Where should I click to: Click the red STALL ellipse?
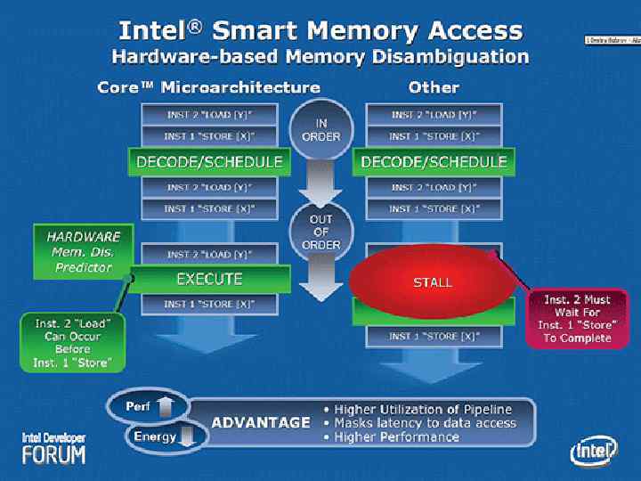[x=432, y=281]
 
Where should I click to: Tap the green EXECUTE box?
[x=209, y=279]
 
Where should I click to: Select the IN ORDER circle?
[x=321, y=130]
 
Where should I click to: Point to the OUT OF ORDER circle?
[x=321, y=232]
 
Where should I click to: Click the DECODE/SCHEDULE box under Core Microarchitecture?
[x=209, y=161]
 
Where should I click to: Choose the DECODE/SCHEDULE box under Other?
[x=434, y=161]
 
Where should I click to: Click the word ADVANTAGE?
[x=261, y=422]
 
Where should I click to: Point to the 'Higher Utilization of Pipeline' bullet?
[x=429, y=409]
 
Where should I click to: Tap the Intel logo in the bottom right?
[x=593, y=452]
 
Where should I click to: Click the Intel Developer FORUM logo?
[x=54, y=448]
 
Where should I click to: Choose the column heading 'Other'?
[x=434, y=87]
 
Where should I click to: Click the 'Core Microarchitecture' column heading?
[x=208, y=87]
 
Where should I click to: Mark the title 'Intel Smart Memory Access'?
[x=320, y=30]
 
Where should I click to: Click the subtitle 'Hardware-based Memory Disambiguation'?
[x=320, y=57]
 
